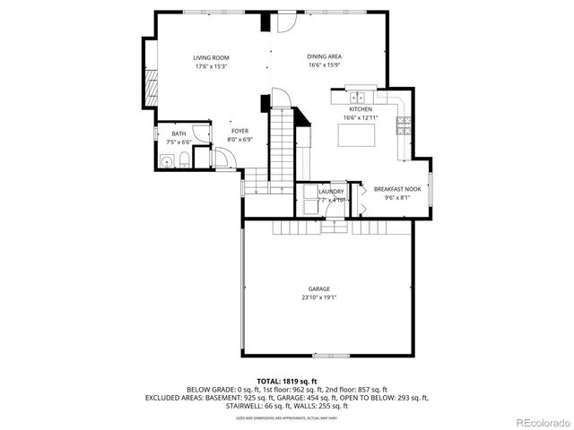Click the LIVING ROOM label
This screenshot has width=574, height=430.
click(211, 57)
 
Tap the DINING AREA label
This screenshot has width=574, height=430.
click(325, 56)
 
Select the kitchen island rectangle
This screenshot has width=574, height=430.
click(356, 135)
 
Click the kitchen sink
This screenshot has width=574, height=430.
click(361, 98)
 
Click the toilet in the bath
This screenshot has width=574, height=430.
click(182, 161)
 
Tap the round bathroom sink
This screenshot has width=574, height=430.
click(165, 161)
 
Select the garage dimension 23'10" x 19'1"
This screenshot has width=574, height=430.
click(319, 297)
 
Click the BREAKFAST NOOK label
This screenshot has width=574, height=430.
click(397, 189)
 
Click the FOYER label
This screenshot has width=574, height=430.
click(239, 131)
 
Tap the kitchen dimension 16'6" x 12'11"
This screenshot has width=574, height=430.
click(361, 118)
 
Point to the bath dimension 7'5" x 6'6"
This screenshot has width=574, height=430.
click(179, 142)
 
